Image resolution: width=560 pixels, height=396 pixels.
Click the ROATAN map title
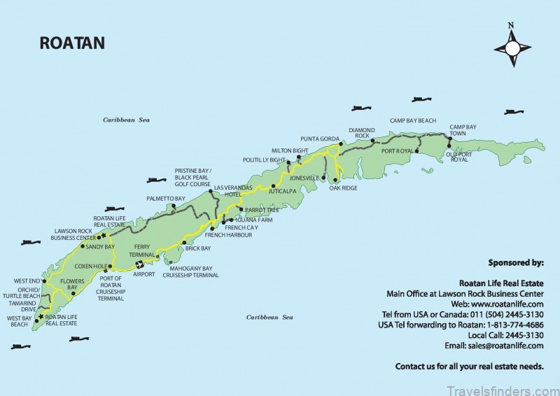click(72, 43)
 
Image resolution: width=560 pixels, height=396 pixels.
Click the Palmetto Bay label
click(166, 199)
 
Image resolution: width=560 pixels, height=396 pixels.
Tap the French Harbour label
click(224, 234)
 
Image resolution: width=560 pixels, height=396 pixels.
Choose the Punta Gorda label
click(320, 139)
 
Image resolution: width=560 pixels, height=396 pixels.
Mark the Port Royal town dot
click(417, 150)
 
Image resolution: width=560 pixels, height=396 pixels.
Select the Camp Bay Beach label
click(413, 120)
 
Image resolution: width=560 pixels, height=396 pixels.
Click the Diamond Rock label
click(362, 132)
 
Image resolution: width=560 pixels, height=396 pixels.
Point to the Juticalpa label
click(283, 191)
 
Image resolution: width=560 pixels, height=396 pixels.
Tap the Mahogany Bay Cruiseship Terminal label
click(191, 271)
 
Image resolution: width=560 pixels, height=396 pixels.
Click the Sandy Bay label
click(100, 247)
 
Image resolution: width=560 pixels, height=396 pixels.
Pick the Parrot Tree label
click(258, 210)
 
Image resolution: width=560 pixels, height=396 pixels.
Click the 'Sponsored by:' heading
click(516, 263)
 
